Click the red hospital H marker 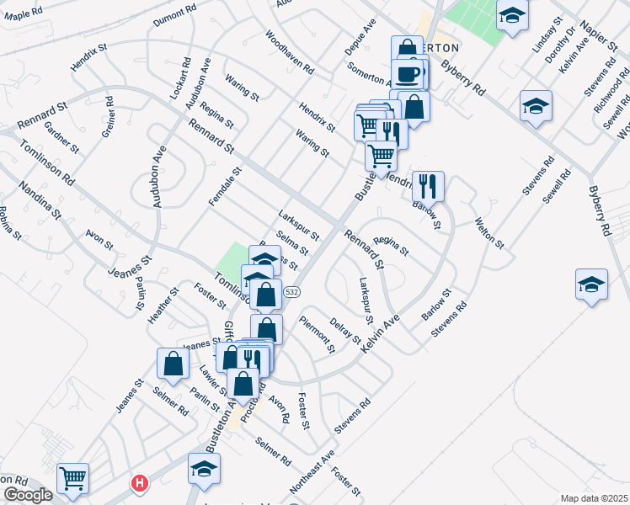pos(138,483)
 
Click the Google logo pos(27,495)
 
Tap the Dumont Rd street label pos(174,17)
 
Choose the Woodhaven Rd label pos(289,52)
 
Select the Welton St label pos(489,232)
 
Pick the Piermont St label pos(318,337)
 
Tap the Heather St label pos(163,306)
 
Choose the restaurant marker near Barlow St pos(428,186)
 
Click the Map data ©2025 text pos(594,497)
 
